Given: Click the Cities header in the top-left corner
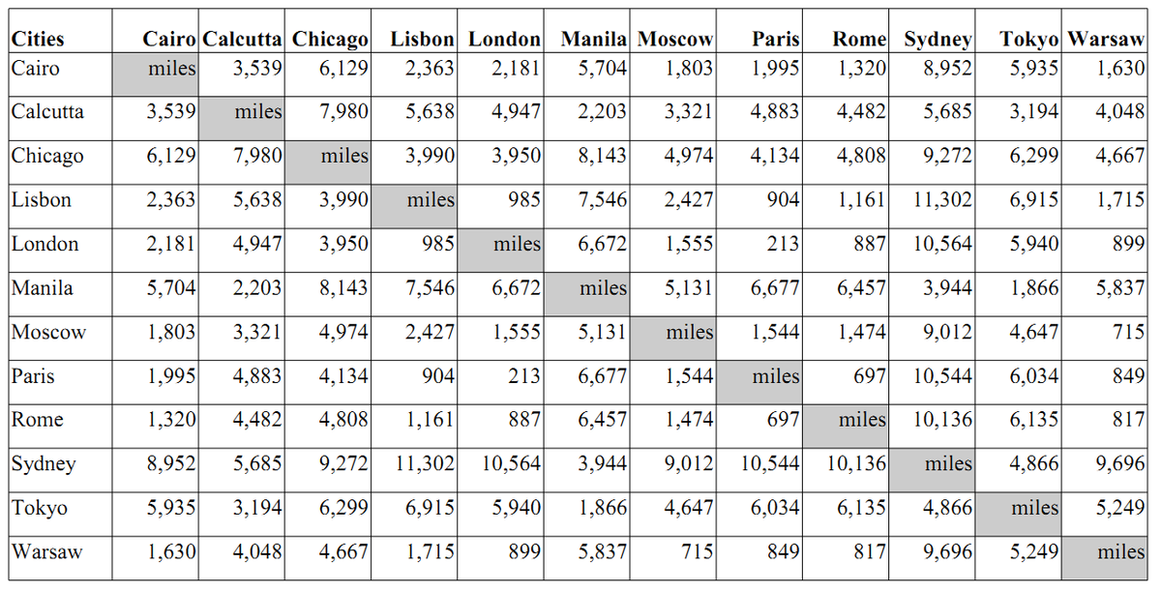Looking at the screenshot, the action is [x=38, y=39].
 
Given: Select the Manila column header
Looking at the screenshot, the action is [x=593, y=39].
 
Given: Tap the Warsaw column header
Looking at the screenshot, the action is [x=1106, y=39].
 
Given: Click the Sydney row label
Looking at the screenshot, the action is [x=44, y=464].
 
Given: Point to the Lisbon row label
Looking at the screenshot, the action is [x=41, y=200].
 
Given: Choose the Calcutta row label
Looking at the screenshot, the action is [x=47, y=112].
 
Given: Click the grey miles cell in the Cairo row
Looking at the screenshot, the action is [x=156, y=74].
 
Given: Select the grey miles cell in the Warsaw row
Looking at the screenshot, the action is [x=1105, y=558].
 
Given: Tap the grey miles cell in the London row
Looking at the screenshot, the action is [x=501, y=251].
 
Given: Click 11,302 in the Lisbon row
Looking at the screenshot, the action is [x=942, y=200].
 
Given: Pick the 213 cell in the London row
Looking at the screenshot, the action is [x=782, y=244].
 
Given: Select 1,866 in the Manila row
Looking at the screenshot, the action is [x=1034, y=288].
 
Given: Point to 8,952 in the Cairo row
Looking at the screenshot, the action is [x=947, y=69].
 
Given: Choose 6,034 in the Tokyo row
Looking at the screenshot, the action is [x=775, y=508].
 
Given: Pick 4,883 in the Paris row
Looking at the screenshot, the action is [x=256, y=376].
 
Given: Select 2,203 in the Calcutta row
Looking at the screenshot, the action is [x=602, y=112].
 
